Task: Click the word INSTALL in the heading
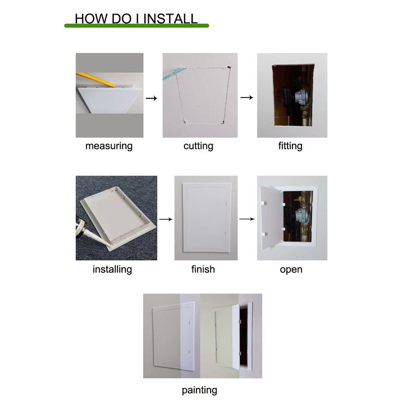pos(170,19)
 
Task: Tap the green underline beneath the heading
pos(137,26)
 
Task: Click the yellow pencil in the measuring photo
pos(95,80)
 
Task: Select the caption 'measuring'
pos(109,146)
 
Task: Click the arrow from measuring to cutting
pos(151,98)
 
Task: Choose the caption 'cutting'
pos(198,146)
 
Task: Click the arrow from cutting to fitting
pos(247,97)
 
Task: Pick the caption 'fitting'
pos(290,146)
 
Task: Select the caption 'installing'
pos(112,269)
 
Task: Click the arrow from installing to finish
pos(166,219)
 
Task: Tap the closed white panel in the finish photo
pos(207,218)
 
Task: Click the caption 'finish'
pos(203,269)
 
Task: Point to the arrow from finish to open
pos(247,219)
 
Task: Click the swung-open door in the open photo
pos(271,218)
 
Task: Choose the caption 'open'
pos(291,269)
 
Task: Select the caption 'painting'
pos(199,390)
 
